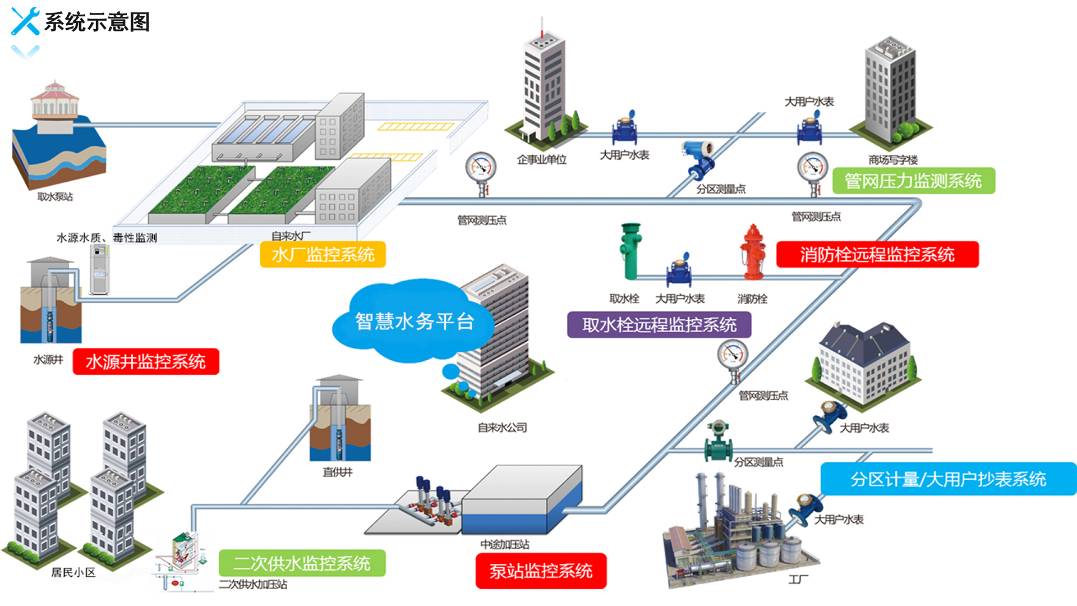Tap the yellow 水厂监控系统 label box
tap(323, 255)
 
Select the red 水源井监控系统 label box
tap(146, 361)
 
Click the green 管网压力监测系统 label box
tap(913, 181)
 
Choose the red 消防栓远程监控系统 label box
tap(877, 255)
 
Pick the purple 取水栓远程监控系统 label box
tap(659, 324)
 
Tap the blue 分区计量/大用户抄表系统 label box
tap(948, 479)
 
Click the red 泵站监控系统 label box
tap(541, 571)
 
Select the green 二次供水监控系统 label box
tap(302, 563)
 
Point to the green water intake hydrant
tap(630, 251)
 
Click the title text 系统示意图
tap(97, 22)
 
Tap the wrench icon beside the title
tap(25, 21)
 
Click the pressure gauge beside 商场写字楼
tap(813, 171)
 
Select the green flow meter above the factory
tap(718, 442)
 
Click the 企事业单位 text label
tap(541, 160)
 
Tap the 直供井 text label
tap(338, 472)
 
